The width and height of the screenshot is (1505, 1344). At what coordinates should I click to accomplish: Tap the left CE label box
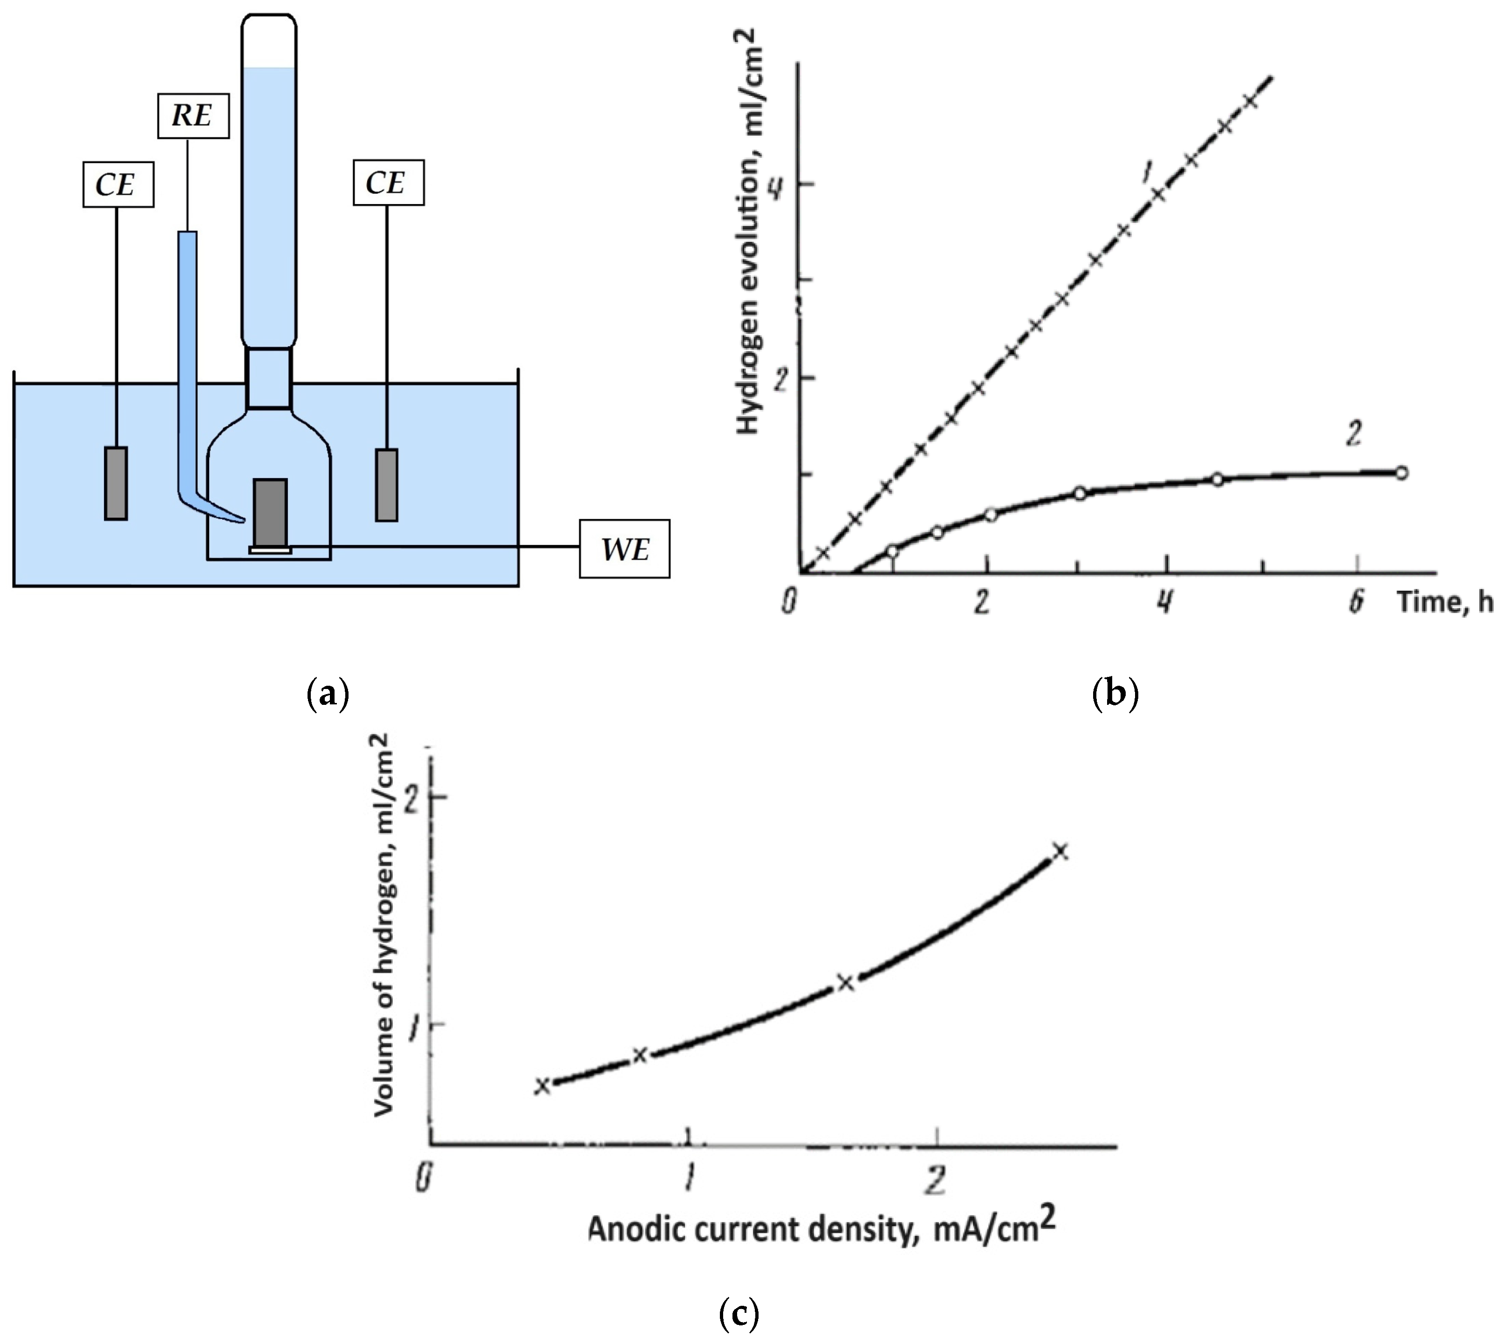coord(117,184)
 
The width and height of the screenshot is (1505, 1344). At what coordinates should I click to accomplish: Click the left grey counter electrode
coord(116,483)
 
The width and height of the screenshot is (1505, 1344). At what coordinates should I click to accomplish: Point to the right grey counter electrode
coord(387,484)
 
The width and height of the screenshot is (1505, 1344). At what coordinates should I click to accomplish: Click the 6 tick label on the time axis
coord(1356,603)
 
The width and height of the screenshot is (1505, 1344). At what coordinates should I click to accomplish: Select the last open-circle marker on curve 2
coord(1401,473)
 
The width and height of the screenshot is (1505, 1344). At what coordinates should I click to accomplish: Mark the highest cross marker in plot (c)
coord(1060,851)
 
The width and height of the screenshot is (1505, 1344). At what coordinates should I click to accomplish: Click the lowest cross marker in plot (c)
coord(543,1085)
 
